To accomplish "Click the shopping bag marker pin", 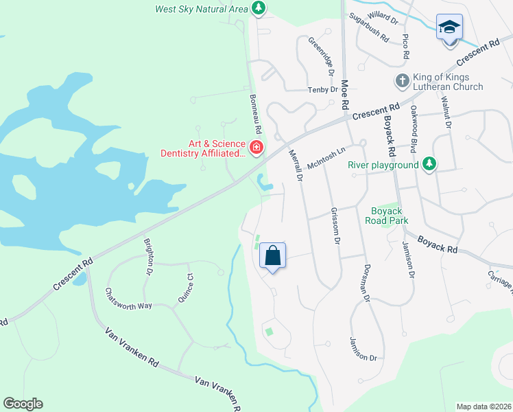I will (x=272, y=256).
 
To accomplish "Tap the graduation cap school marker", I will (x=449, y=27).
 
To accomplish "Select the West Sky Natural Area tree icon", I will (x=259, y=8).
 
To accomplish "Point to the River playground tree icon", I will (x=429, y=164).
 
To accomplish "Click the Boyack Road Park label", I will (x=390, y=216).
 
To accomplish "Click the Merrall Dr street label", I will (x=296, y=165).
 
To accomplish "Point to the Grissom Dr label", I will (x=335, y=226).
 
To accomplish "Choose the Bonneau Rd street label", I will (x=256, y=115).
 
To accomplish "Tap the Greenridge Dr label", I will (x=320, y=56).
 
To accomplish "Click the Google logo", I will (x=23, y=404).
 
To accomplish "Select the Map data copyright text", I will (x=484, y=407).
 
